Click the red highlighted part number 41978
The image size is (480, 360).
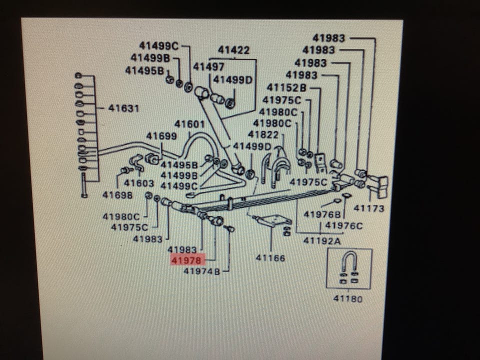tap(186, 260)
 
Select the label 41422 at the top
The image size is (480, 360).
tap(233, 50)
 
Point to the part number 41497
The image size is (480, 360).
tap(208, 66)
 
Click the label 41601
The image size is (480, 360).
tap(189, 124)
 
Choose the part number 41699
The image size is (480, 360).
tap(161, 135)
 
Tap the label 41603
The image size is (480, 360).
tap(139, 183)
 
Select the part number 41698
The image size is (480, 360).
tap(117, 194)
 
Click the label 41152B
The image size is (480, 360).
tap(286, 87)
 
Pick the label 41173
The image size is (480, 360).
tap(369, 208)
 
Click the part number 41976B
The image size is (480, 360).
tap(322, 214)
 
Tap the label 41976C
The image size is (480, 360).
tap(344, 225)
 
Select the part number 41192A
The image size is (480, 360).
tap(322, 240)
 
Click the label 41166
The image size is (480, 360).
tap(270, 258)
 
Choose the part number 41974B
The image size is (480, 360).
tap(201, 271)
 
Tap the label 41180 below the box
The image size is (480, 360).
tap(348, 299)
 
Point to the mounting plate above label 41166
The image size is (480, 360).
tap(274, 220)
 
